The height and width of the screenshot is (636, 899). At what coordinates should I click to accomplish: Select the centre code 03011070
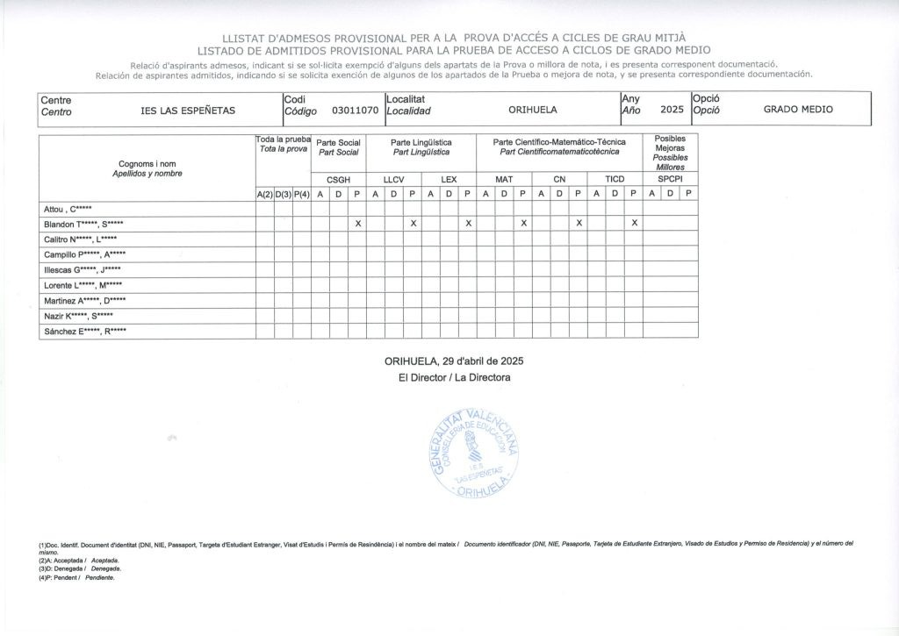pos(355,111)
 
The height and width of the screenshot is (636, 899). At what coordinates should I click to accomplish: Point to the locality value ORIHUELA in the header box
pos(533,111)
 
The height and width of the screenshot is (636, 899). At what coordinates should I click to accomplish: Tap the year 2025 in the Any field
pos(672,110)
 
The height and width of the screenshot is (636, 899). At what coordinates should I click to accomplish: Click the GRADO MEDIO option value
pos(798,110)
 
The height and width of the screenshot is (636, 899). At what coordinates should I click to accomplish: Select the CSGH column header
pos(339,179)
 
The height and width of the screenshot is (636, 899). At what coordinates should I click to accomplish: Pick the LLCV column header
pos(394,179)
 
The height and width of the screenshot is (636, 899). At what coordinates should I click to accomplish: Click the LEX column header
pos(449,179)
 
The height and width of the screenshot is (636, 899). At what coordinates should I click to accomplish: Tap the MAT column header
pos(504,179)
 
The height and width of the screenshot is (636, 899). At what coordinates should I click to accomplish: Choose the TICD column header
pos(615,179)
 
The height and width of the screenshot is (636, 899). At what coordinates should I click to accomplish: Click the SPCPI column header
pos(670,179)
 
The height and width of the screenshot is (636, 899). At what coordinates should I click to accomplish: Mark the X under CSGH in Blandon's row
pos(357,224)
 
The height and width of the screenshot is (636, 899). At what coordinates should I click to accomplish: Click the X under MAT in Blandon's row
pos(523,224)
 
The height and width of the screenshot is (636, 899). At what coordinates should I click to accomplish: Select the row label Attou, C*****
pos(68,209)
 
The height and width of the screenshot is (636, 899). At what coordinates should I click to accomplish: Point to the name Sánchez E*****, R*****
pos(85,331)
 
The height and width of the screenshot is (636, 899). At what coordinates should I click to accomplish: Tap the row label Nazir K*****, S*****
pos(78,316)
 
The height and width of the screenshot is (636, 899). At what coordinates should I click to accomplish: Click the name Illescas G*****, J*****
pos(83,269)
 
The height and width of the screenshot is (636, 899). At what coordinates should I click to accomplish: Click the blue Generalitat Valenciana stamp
pos(474,454)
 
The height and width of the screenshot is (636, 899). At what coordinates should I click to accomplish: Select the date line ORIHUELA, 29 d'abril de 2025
pos(454,361)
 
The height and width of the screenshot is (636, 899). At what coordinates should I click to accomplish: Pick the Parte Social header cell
pos(339,147)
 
